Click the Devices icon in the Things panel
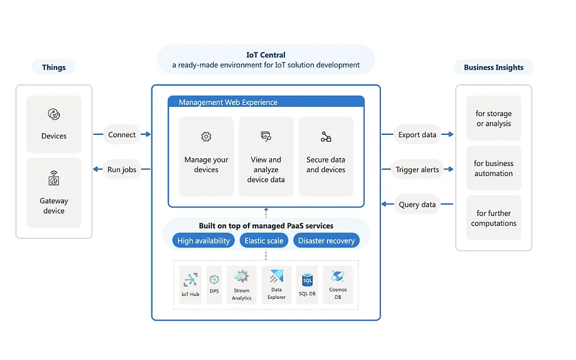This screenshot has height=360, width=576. (x=54, y=115)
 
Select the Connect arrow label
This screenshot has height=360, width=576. (x=122, y=135)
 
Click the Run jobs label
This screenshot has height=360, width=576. (x=122, y=170)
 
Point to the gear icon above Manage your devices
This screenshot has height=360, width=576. (x=206, y=137)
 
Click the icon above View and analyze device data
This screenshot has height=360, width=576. (x=266, y=136)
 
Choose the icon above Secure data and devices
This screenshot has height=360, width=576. (x=326, y=137)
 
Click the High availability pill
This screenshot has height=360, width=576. (x=203, y=241)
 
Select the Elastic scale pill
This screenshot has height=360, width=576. (x=264, y=241)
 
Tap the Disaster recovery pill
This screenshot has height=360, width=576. (x=326, y=241)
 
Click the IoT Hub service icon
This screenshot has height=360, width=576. (x=190, y=280)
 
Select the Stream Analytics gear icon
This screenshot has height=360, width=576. (x=242, y=277)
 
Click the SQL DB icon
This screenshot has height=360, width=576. (x=307, y=280)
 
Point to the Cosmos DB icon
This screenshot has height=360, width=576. (x=338, y=277)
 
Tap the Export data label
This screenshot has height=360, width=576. (x=417, y=135)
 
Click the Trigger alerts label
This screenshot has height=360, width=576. (x=417, y=170)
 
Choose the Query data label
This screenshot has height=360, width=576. (x=417, y=205)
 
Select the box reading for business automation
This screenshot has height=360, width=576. (x=494, y=168)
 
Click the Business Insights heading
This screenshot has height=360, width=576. (x=494, y=67)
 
